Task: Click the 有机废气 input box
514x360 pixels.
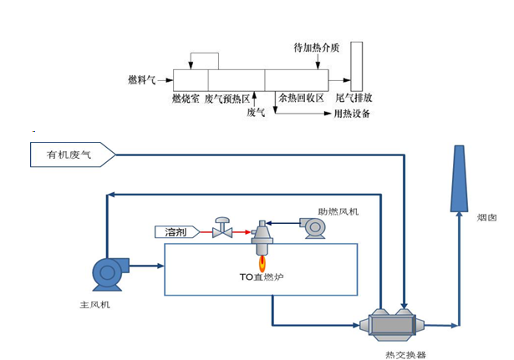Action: pyautogui.click(x=70, y=155)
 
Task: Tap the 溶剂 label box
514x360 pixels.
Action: pyautogui.click(x=176, y=231)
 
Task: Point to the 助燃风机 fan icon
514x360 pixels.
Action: pyautogui.click(x=315, y=227)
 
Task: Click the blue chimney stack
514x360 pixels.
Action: pyautogui.click(x=459, y=179)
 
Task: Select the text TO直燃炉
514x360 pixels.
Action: pyautogui.click(x=262, y=276)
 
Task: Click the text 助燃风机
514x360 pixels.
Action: pyautogui.click(x=338, y=211)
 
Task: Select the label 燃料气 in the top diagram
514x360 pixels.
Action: pyautogui.click(x=142, y=80)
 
